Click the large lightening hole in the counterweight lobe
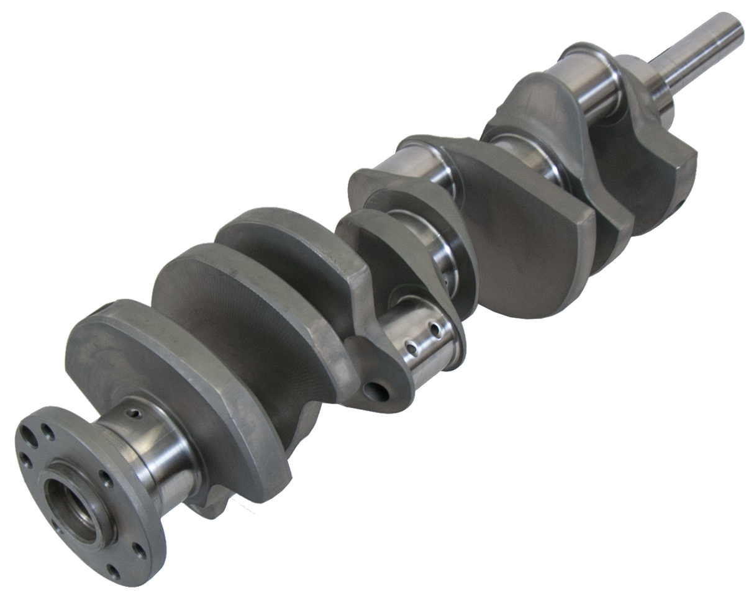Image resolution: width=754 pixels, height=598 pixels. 375,391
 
